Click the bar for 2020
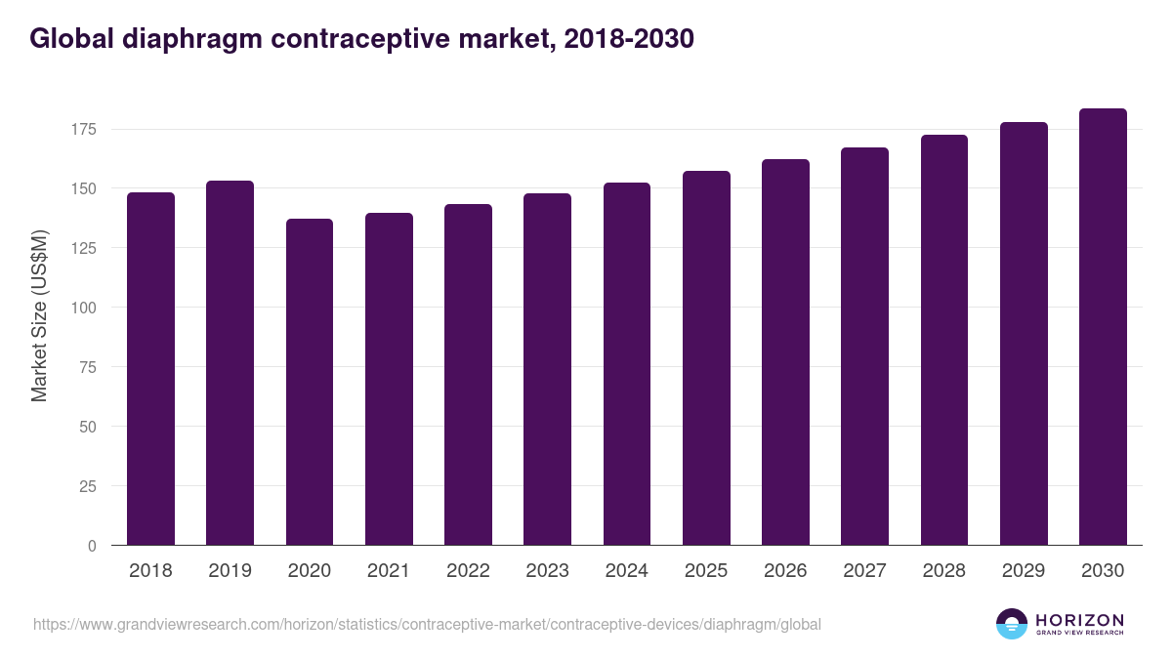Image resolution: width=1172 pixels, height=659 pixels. (310, 382)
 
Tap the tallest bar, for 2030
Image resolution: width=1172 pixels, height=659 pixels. (1103, 327)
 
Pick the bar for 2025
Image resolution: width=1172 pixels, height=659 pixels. (706, 358)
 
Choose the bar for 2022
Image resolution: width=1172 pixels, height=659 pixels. (468, 375)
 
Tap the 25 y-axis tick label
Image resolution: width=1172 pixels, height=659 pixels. (89, 486)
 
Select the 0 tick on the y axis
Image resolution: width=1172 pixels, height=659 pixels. (93, 546)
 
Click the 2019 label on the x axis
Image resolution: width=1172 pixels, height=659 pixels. (230, 571)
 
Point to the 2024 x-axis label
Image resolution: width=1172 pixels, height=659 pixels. (626, 571)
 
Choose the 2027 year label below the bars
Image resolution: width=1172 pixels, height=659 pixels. (864, 571)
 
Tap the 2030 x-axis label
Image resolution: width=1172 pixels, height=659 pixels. (1103, 571)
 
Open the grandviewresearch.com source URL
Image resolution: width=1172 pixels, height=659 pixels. (427, 624)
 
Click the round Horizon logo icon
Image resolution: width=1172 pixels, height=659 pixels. (1012, 624)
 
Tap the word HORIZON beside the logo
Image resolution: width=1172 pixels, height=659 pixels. (1079, 620)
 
